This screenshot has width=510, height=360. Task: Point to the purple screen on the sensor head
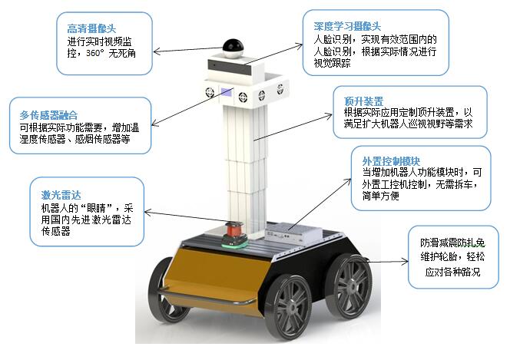(227, 94)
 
